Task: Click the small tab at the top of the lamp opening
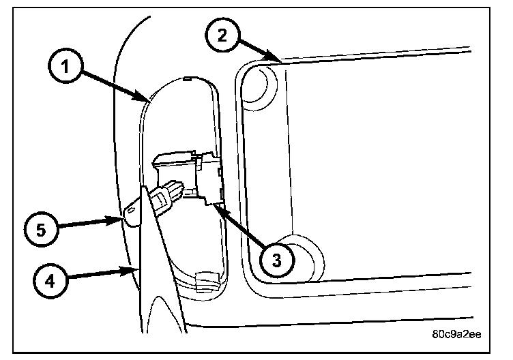tap(188, 80)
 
